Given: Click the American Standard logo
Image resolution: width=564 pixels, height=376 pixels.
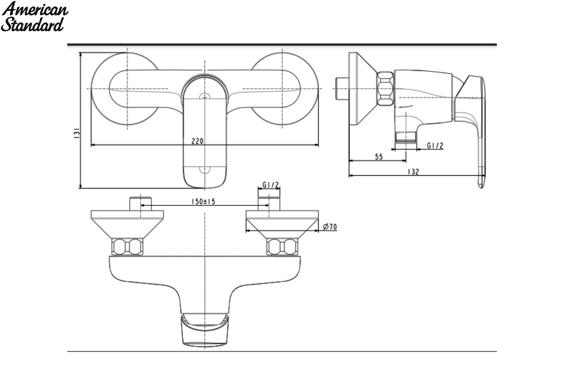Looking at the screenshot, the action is [34, 16].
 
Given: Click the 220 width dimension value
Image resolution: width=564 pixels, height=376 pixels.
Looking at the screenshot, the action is [197, 141].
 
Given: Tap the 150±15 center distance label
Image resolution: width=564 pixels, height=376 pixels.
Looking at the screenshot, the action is [204, 202].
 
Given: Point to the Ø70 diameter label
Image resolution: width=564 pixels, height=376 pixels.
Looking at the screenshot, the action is [330, 227].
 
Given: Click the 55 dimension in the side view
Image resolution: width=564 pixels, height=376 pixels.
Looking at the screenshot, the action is [379, 157].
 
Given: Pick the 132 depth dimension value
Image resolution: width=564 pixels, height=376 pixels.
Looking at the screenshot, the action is [414, 172].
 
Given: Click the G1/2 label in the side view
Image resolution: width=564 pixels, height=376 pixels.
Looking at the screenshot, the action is [435, 146].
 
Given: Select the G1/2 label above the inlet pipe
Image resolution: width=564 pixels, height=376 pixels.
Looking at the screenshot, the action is [271, 185].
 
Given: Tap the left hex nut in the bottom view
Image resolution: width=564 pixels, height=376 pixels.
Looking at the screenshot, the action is [127, 247].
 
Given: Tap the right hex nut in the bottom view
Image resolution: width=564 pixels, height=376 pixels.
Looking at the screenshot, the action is [282, 247].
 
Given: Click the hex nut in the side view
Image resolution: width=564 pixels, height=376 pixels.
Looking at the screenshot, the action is [385, 88].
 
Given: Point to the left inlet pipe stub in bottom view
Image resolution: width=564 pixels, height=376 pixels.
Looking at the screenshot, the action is [141, 204].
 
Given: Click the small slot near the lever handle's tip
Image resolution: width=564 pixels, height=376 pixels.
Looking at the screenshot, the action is [205, 170].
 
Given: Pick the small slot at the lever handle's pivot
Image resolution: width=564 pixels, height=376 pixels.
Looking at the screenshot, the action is [205, 96].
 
